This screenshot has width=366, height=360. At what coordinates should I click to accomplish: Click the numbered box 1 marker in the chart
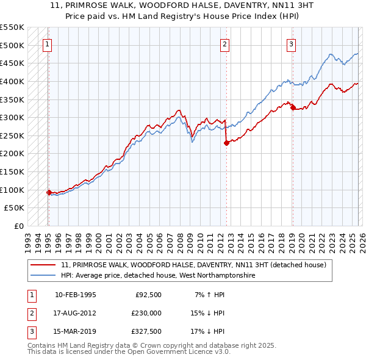(x=48, y=43)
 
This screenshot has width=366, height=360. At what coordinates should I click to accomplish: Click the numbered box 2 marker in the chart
(x=225, y=43)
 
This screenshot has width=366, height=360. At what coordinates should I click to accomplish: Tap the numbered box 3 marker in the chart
(x=292, y=43)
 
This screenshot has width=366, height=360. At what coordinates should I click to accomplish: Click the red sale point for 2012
(x=226, y=143)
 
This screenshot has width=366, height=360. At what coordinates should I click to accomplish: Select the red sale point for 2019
(x=293, y=108)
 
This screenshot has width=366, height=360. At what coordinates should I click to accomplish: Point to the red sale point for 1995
(x=49, y=192)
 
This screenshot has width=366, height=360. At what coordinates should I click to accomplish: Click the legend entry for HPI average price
(x=158, y=276)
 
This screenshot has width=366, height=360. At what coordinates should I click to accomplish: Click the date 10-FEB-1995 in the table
(x=75, y=295)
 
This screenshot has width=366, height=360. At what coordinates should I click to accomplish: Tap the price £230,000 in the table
(x=146, y=313)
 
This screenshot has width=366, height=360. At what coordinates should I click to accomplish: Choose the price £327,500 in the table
(x=146, y=331)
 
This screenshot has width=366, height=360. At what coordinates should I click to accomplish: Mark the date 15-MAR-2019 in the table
(x=75, y=331)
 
